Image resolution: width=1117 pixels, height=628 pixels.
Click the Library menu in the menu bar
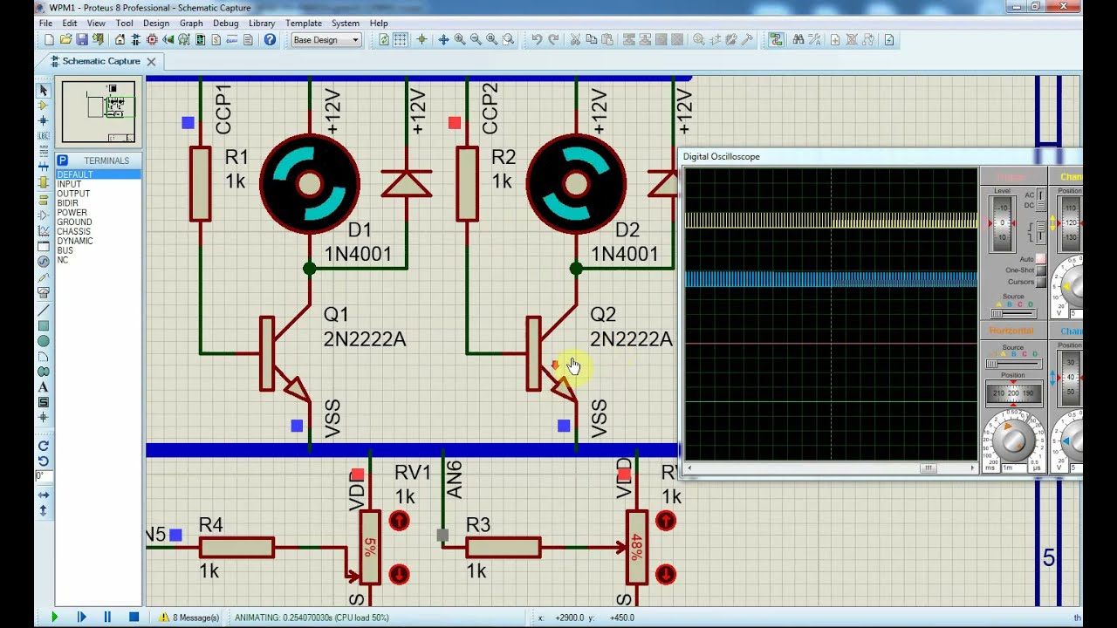pos(261,24)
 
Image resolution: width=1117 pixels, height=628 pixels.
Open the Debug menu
pos(225,24)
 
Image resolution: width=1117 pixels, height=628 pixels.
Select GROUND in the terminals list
pos(74,222)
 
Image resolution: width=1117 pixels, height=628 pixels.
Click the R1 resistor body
pos(200,184)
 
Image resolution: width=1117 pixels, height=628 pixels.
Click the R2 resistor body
pos(467,184)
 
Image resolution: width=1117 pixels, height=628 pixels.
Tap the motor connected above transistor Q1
pos(309,184)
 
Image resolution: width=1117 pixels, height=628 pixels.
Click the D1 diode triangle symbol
pos(406,184)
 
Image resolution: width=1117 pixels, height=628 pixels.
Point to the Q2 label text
pos(602,314)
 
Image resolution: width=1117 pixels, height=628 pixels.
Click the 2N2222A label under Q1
pos(364,339)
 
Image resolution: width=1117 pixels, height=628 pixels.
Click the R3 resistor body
pos(503,548)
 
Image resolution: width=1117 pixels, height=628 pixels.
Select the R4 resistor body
pos(236,548)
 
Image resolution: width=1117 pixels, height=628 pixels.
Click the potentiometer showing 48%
pos(636,548)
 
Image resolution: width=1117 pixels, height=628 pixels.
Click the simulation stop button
pos(134,618)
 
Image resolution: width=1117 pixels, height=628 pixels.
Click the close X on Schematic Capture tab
pos(151,61)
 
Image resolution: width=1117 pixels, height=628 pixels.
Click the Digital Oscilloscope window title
pos(722,157)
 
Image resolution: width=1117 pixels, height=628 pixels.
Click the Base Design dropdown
pos(326,40)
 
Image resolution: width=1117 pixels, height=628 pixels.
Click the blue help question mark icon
pos(270,40)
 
